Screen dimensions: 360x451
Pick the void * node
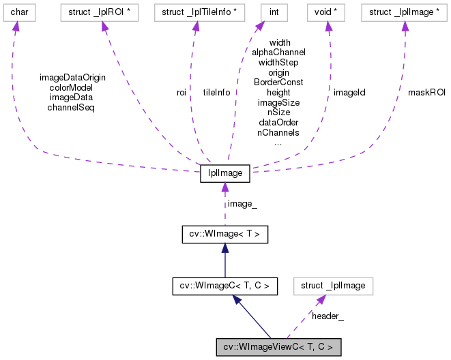328,12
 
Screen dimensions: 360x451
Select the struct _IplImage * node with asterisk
404,12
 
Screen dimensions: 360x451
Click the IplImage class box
224,173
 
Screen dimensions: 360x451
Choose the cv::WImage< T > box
224,235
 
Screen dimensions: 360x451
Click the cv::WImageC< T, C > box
224,286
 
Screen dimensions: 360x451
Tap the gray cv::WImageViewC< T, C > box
278,347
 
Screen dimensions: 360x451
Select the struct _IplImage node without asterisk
333,286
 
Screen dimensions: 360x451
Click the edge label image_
242,203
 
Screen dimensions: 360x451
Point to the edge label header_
328,316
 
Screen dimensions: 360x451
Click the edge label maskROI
426,92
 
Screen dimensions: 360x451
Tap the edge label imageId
349,92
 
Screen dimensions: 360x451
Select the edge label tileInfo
216,92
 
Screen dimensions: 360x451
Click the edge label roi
181,92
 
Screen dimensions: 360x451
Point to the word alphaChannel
278,52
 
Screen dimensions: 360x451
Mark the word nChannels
278,133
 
